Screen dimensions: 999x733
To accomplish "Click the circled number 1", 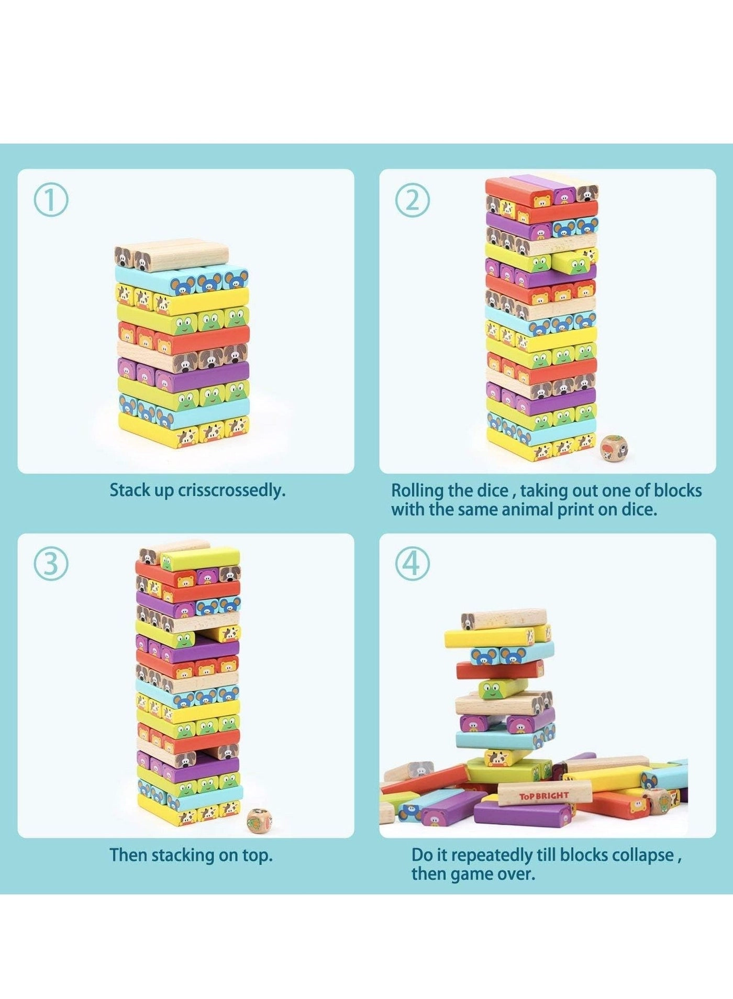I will click(51, 202).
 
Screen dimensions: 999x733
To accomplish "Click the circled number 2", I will click(413, 202).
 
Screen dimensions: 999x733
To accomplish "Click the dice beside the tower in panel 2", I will click(613, 448).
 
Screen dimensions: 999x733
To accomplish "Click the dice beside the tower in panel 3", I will click(259, 821).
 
